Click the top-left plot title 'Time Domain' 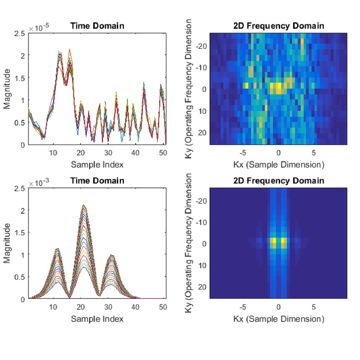(97, 26)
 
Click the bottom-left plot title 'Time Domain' (97, 181)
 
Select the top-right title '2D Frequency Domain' (279, 26)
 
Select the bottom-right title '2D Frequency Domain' (279, 181)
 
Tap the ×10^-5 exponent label (39, 28)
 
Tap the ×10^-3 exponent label (39, 183)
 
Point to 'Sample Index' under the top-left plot (97, 164)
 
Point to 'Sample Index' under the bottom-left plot (97, 319)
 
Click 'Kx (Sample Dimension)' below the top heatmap (279, 164)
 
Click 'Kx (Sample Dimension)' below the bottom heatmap (279, 319)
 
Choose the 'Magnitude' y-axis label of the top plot (8, 89)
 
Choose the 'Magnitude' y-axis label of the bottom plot (8, 244)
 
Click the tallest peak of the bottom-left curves (84, 205)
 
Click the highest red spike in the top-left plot (70, 49)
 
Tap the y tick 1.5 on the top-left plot (20, 78)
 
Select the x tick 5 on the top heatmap (314, 153)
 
